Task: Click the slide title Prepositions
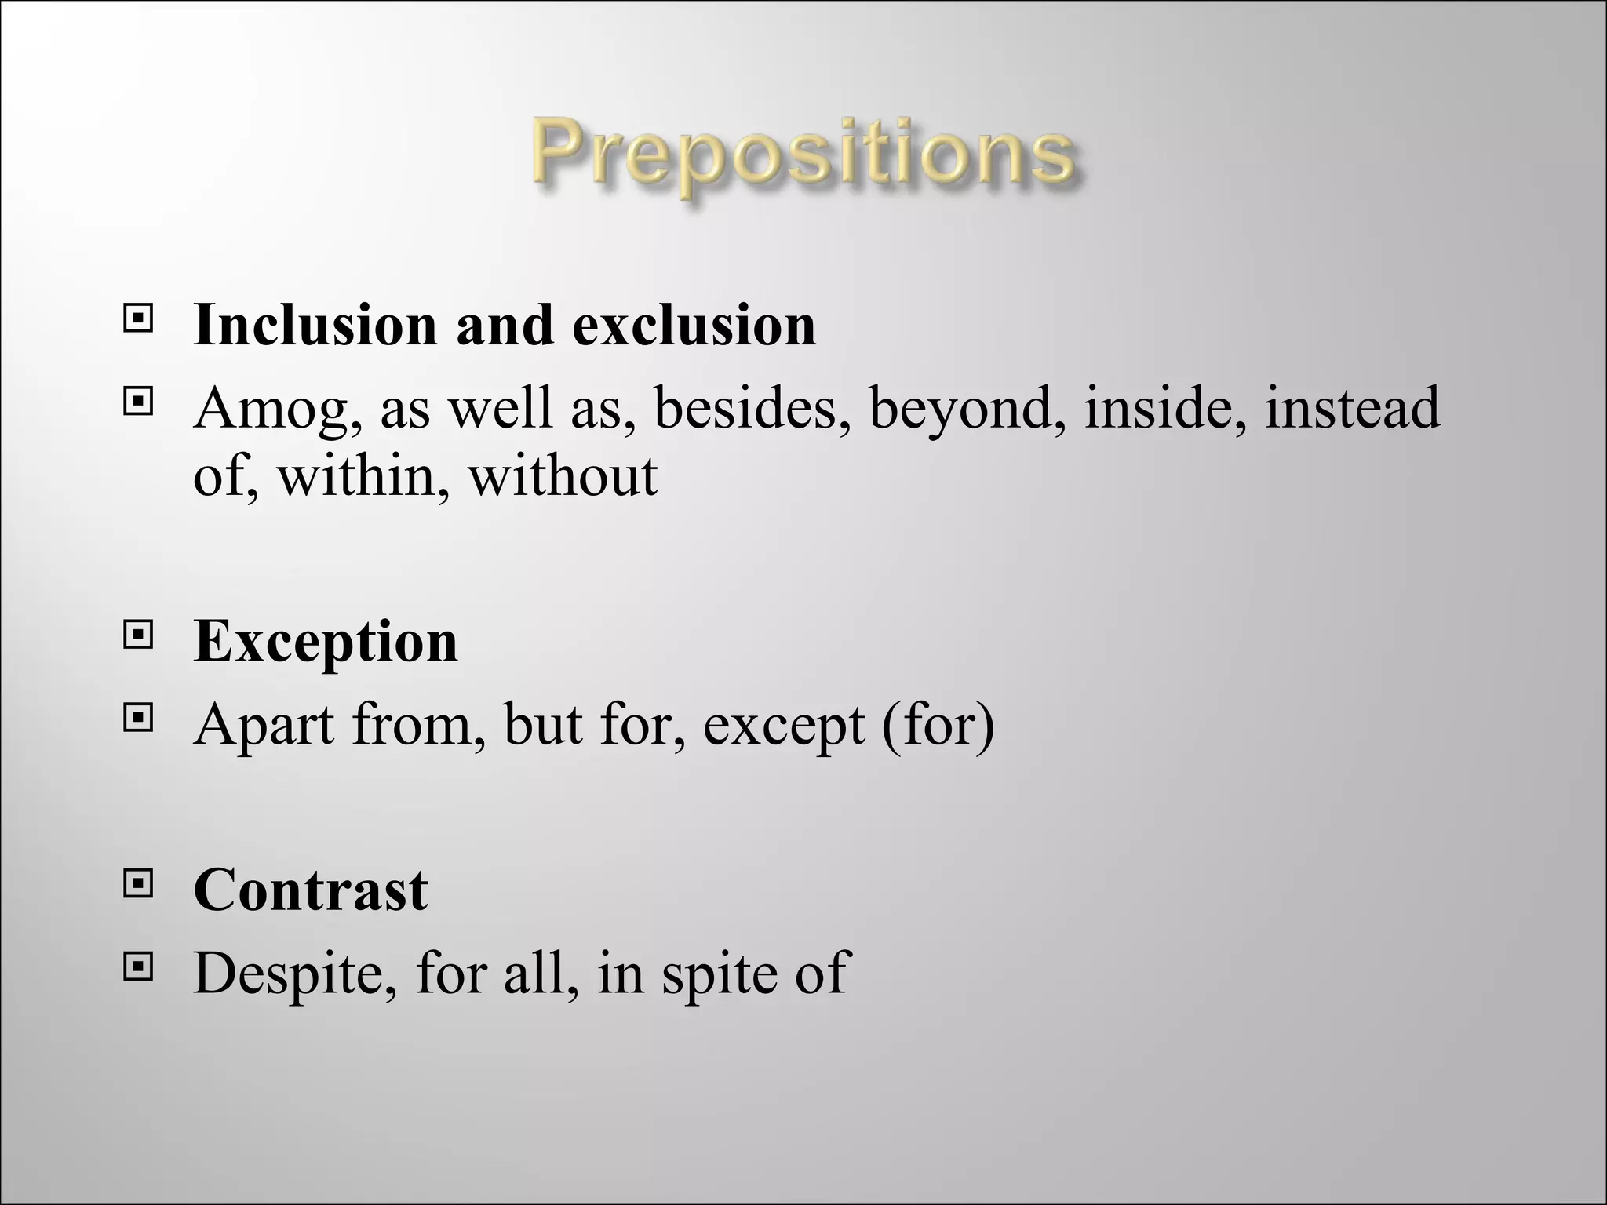pos(803,155)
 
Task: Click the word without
pos(563,475)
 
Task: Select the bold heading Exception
pos(326,643)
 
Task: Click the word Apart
pos(264,725)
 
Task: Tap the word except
pos(782,726)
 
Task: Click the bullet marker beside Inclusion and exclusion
pos(137,319)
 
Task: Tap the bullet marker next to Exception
pos(137,635)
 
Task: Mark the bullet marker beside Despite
pos(137,967)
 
